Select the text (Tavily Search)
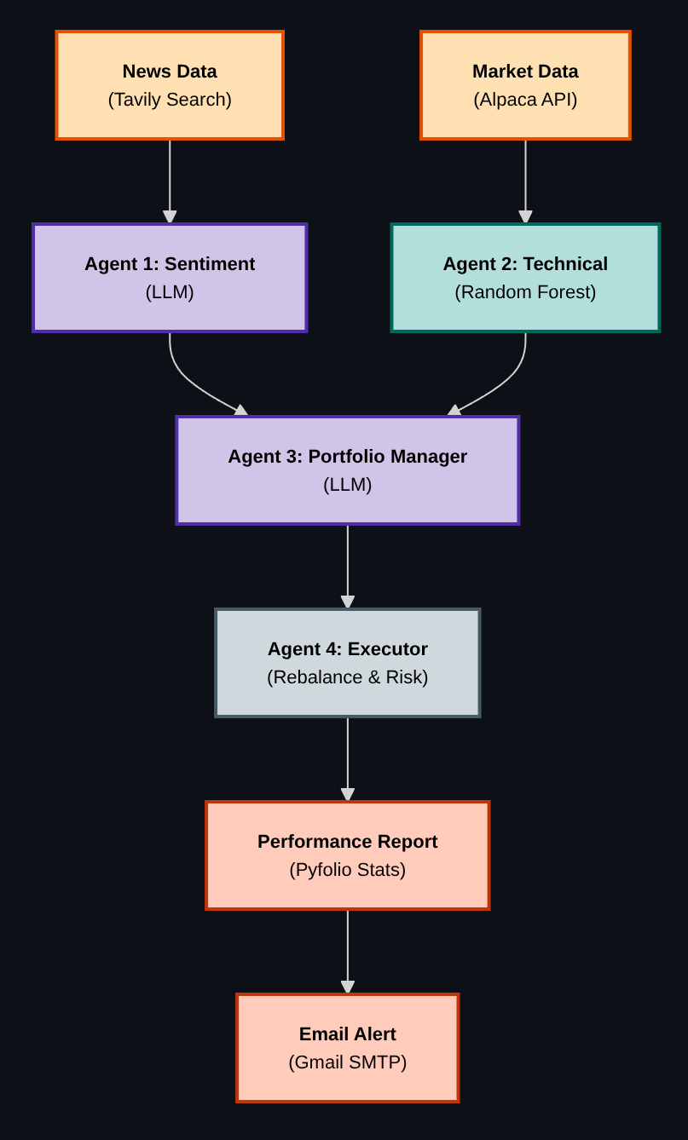pos(170,100)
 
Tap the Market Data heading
pos(525,72)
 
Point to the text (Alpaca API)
pos(525,100)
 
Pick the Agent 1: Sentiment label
pos(170,264)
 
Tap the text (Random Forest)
pos(525,292)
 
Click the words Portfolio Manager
pos(387,457)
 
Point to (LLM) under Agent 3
pos(348,485)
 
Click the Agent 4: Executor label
pos(348,649)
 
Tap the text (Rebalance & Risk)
pos(348,677)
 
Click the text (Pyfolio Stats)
pos(348,870)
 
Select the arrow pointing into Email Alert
pos(348,951)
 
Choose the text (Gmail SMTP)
pos(348,1062)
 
